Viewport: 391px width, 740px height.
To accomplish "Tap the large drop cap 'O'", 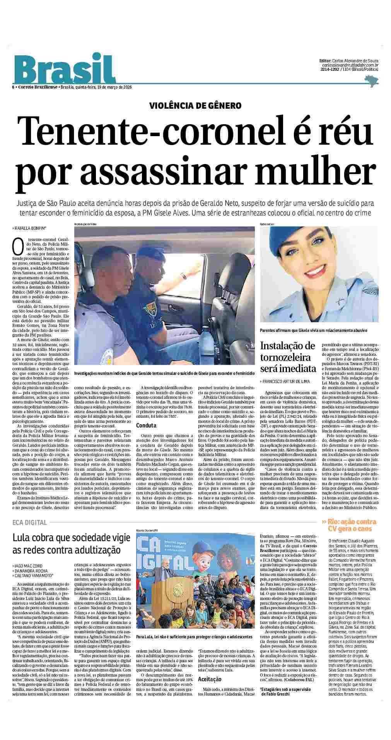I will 17,245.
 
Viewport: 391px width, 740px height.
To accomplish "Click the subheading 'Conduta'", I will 146,426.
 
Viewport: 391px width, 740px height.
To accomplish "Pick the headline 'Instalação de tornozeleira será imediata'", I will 288,356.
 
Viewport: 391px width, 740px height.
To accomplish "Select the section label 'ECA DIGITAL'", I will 30,522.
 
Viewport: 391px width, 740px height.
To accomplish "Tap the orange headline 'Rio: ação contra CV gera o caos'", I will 349,525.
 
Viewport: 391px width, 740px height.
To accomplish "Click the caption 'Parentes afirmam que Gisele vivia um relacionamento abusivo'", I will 313,330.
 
